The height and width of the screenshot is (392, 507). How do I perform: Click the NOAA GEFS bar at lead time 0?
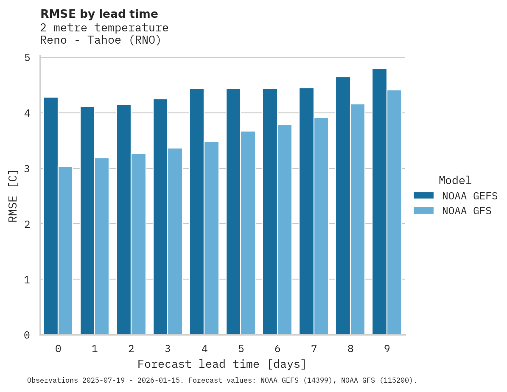click(50, 216)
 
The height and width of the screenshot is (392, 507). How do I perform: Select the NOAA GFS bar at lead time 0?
click(65, 251)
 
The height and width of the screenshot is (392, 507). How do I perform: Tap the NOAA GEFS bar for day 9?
click(379, 202)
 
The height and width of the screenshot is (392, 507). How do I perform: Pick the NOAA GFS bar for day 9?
click(394, 213)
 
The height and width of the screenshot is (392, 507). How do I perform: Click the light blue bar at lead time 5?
click(248, 233)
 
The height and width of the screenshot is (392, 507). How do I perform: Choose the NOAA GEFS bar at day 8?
click(343, 206)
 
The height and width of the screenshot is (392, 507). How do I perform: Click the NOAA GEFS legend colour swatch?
click(423, 196)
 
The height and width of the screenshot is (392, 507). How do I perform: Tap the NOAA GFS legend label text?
click(467, 211)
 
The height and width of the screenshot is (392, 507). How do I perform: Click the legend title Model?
click(455, 180)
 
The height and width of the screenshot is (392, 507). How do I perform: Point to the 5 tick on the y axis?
click(27, 58)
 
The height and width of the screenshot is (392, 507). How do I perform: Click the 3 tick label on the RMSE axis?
click(27, 168)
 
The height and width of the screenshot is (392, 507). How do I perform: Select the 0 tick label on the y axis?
click(27, 335)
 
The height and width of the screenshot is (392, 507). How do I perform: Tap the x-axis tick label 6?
click(277, 349)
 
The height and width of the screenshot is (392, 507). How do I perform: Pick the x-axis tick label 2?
click(131, 349)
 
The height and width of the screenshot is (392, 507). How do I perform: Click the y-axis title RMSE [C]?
click(13, 196)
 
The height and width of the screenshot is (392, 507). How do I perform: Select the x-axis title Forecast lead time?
click(221, 364)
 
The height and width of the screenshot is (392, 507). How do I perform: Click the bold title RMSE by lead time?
click(99, 14)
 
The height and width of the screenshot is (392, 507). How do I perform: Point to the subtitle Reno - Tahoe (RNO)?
click(101, 40)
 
